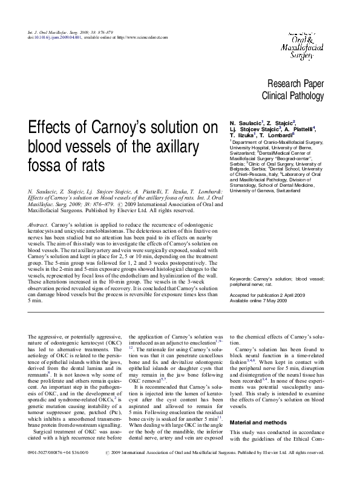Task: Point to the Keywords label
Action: click(241, 279)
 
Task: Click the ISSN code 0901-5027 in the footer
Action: click(39, 469)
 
